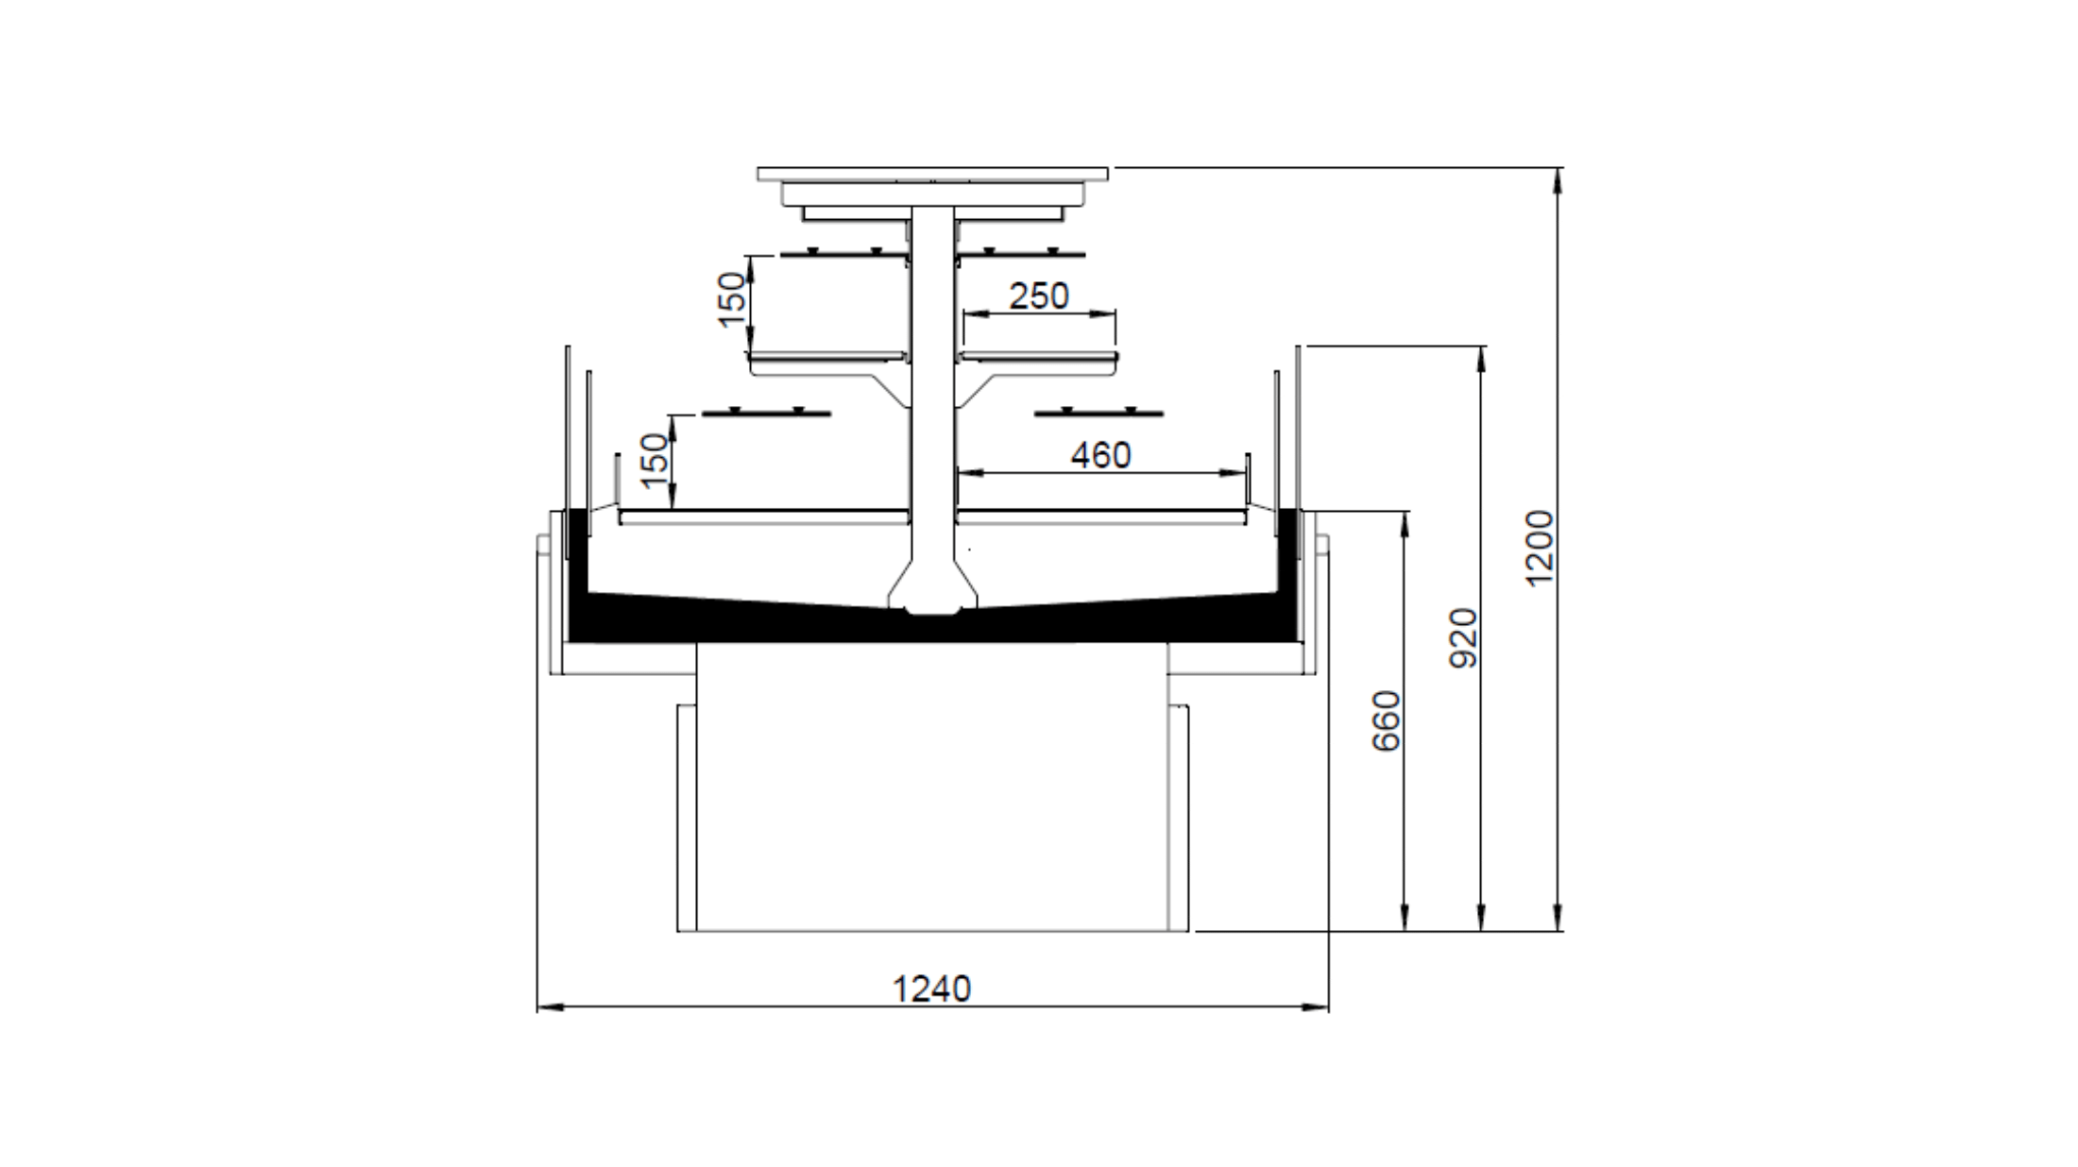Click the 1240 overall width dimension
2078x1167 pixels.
pyautogui.click(x=931, y=989)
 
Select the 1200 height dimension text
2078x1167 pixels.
pyautogui.click(x=1540, y=548)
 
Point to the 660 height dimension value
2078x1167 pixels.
pyautogui.click(x=1386, y=721)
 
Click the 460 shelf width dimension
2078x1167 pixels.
pyautogui.click(x=1100, y=456)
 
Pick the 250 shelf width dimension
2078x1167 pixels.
pyautogui.click(x=1039, y=296)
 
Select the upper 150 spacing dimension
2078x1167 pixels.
pyautogui.click(x=732, y=299)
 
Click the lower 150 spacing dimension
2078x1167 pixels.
pyautogui.click(x=654, y=460)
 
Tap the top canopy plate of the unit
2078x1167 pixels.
pyautogui.click(x=932, y=174)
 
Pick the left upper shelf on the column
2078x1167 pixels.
pyautogui.click(x=827, y=357)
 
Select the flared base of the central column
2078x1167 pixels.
pyautogui.click(x=933, y=590)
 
